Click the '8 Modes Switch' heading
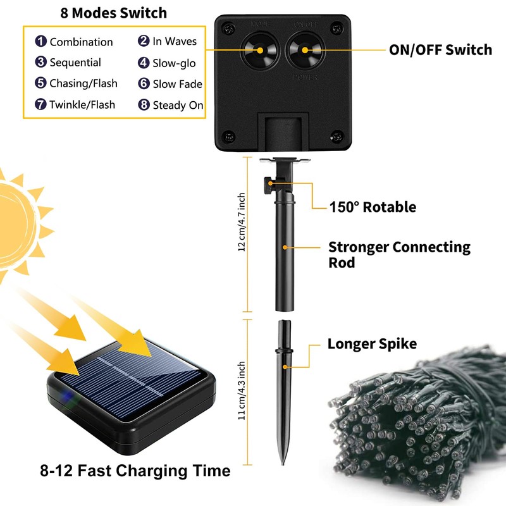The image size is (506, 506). coord(114,13)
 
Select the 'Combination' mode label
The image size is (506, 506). coord(81,42)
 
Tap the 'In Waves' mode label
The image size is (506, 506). coord(175,42)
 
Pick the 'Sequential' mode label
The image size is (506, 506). coord(75,63)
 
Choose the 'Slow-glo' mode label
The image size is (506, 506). coord(174,63)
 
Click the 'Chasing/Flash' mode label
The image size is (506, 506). coord(83,83)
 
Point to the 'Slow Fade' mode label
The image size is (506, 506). coord(177,84)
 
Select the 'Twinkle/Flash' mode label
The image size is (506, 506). coord(82,104)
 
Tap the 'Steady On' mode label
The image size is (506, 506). coord(178,105)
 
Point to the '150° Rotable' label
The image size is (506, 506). coord(373,207)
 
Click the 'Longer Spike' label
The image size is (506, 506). coord(372,344)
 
